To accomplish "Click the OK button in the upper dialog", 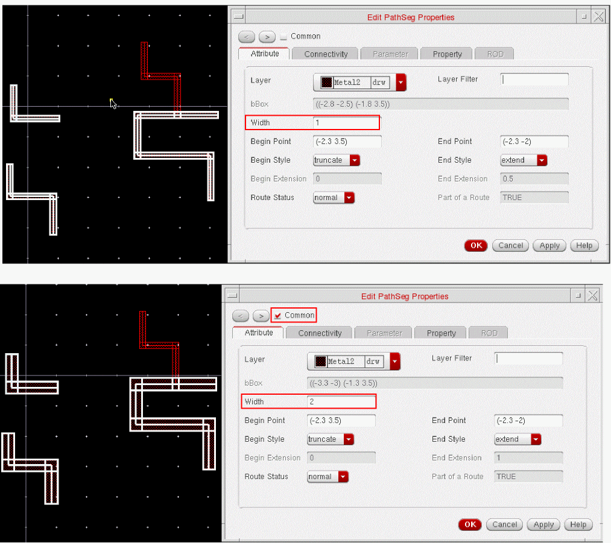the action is [476, 246].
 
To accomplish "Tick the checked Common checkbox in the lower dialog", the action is [278, 315].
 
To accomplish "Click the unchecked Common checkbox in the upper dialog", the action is [283, 36].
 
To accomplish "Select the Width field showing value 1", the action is [346, 122].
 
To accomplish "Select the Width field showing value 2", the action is [341, 402].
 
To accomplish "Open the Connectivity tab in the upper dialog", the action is [326, 54].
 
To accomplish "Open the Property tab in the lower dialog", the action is [441, 333].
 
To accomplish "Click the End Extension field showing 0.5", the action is [534, 178].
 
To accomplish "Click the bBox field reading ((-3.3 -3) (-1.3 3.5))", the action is [435, 383].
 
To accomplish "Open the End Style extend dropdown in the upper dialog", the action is [524, 160].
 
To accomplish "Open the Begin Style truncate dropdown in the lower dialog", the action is [331, 439].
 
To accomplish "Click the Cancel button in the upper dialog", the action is [510, 246].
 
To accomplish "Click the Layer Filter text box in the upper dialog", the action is [534, 80].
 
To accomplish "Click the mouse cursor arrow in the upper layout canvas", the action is [113, 104].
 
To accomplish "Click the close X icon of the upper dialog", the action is [598, 17].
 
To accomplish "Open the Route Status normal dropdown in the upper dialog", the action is [334, 197].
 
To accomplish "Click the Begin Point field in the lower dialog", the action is [341, 421].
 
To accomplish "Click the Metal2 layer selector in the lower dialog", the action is [353, 362].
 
